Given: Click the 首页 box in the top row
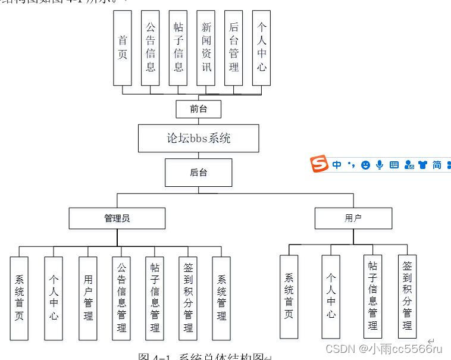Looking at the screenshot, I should click(123, 48).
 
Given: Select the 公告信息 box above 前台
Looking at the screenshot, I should click(151, 48).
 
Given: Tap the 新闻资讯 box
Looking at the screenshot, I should click(206, 48).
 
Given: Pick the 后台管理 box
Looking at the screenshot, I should click(234, 48).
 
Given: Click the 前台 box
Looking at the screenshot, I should click(199, 109).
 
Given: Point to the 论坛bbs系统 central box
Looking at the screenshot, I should click(199, 139).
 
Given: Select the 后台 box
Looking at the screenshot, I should click(199, 173).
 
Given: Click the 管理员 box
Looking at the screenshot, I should click(117, 218).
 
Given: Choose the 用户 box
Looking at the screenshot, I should click(353, 218).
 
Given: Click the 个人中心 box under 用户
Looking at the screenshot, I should click(331, 296).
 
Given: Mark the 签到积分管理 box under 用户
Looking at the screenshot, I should click(408, 296).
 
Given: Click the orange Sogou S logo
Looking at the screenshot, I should click(320, 164).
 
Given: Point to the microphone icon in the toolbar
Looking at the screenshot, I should click(380, 165).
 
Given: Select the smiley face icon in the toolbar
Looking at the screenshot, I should click(365, 165).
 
